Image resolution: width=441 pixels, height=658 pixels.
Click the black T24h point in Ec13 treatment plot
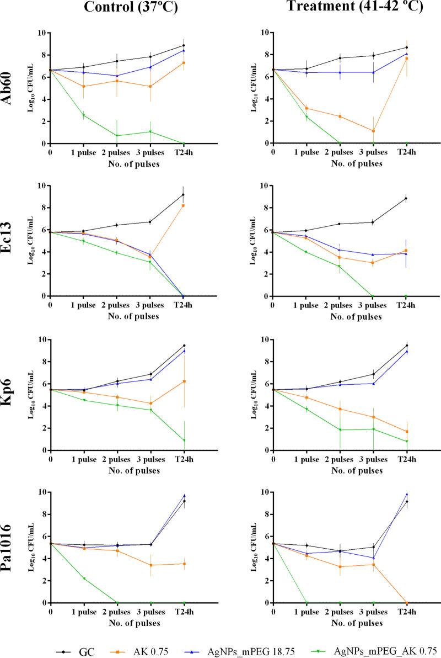(x=406, y=198)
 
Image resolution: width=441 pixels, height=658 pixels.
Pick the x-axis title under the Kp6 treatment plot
(x=356, y=471)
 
